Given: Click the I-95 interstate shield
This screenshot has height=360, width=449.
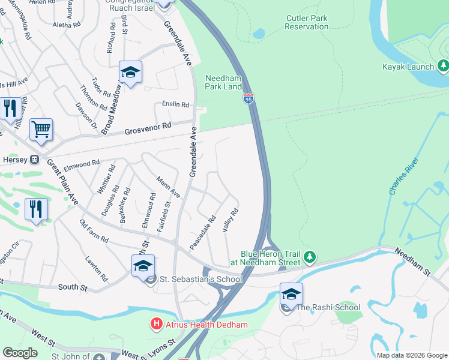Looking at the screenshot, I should (249, 99).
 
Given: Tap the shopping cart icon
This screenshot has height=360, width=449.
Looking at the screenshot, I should (41, 128).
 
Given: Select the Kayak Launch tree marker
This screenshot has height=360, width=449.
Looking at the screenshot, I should (444, 65).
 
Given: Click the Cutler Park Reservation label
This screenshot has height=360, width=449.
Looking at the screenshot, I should (306, 23).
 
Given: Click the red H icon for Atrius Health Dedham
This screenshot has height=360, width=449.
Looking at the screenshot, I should (157, 325).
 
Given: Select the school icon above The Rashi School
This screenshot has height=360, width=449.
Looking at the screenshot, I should (291, 294).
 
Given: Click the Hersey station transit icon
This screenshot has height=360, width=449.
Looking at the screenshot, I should (35, 160).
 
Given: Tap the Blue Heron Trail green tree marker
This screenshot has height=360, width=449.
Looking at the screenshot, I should (310, 257).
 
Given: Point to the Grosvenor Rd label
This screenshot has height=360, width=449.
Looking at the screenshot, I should (148, 129).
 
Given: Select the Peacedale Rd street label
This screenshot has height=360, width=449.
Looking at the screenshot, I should (202, 233).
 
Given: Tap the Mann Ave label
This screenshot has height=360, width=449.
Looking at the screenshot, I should (168, 187).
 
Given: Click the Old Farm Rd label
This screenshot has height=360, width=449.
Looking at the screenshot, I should (94, 231).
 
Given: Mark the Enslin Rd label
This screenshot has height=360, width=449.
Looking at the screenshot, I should (175, 104).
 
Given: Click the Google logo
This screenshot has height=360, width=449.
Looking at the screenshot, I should (20, 353).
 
